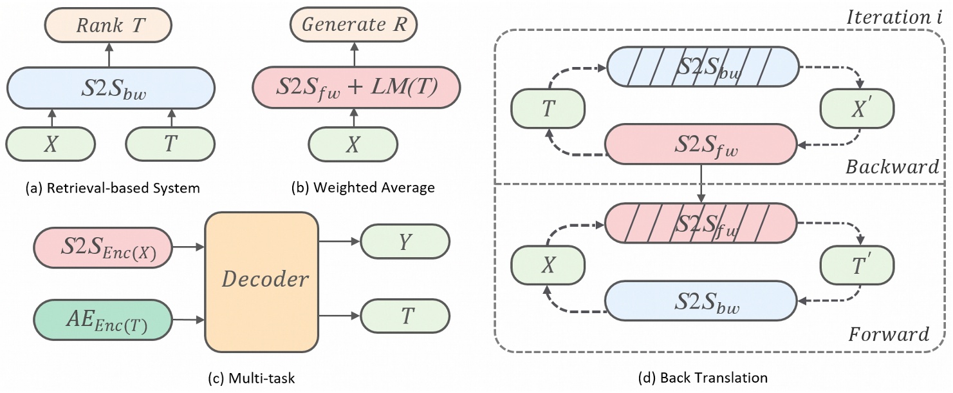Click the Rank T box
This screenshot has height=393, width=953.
click(109, 26)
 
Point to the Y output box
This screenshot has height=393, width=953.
click(405, 242)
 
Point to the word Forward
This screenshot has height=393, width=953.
click(889, 334)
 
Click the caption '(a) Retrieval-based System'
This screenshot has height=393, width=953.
click(103, 188)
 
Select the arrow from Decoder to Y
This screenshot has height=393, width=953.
click(338, 242)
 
